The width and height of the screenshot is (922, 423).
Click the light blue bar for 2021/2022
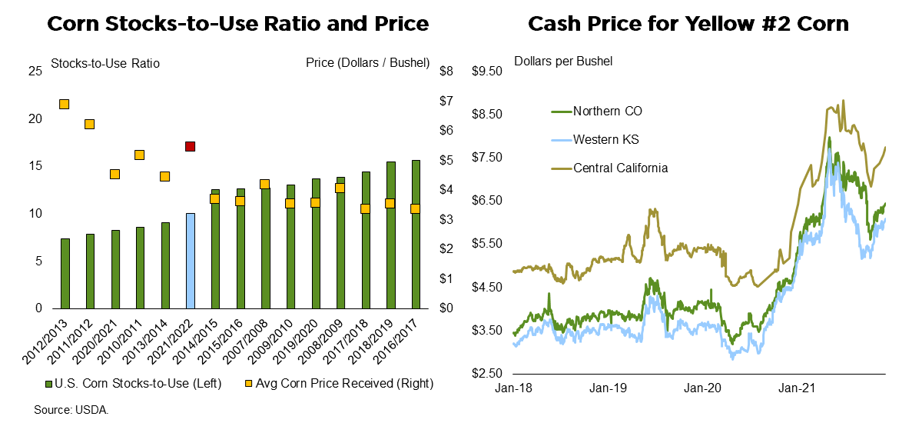(x=190, y=261)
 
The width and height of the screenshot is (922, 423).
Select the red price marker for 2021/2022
(x=190, y=146)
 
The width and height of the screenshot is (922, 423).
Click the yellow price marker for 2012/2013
(x=65, y=104)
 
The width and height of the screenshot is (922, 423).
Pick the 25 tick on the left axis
(x=35, y=72)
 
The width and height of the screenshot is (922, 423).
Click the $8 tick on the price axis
(x=446, y=72)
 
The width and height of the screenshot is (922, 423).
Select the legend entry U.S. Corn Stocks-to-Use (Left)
(x=134, y=383)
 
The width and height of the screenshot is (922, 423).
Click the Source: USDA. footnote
(x=71, y=410)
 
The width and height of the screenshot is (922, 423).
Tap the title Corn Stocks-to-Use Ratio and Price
(x=237, y=24)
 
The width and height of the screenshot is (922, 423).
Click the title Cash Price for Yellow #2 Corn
(x=688, y=24)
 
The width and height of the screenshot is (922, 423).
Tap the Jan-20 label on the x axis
(x=703, y=389)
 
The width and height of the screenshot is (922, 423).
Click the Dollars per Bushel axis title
(x=563, y=61)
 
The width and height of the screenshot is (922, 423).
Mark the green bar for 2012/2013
(x=65, y=273)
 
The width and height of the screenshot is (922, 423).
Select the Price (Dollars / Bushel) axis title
(x=367, y=63)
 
